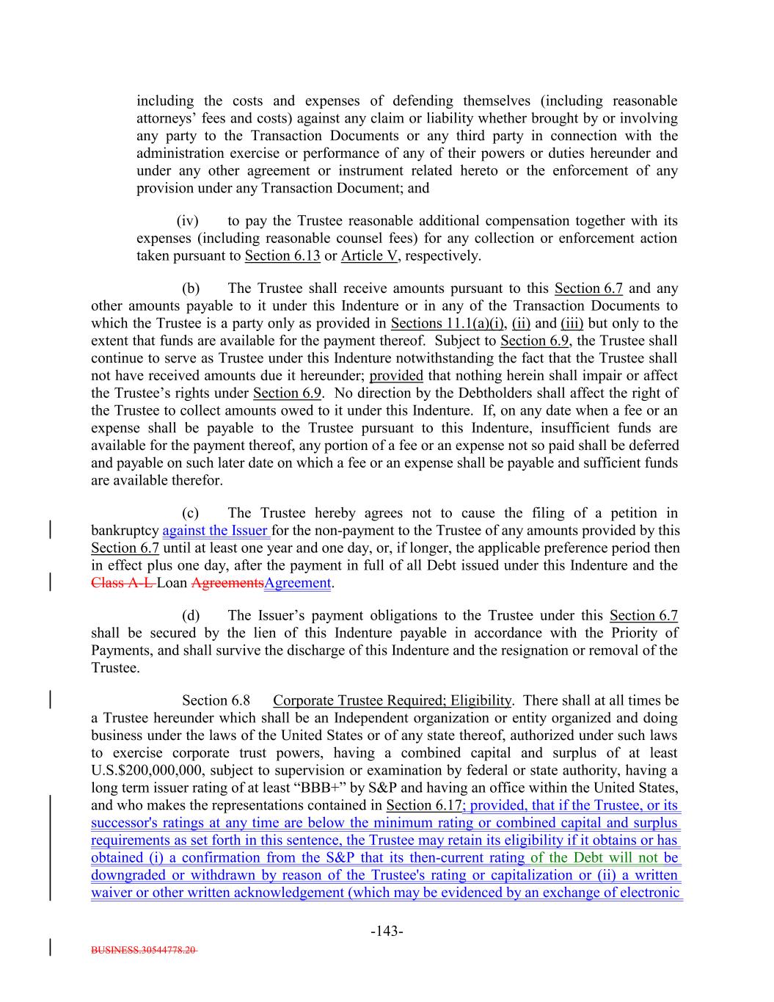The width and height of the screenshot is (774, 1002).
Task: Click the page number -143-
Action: click(387, 932)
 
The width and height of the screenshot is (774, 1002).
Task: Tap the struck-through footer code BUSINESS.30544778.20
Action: click(144, 949)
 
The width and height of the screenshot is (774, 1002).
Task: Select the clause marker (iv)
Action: click(189, 221)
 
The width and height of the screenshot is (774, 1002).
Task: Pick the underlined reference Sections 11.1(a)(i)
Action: click(447, 324)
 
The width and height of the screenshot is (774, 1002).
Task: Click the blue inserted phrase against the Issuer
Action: click(215, 531)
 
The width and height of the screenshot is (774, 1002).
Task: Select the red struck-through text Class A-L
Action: click(122, 583)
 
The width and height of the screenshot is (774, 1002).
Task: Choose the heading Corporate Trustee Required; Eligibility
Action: click(392, 701)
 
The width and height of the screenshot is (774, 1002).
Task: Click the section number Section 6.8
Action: click(216, 701)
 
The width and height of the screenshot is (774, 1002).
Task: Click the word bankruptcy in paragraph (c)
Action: click(125, 531)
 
